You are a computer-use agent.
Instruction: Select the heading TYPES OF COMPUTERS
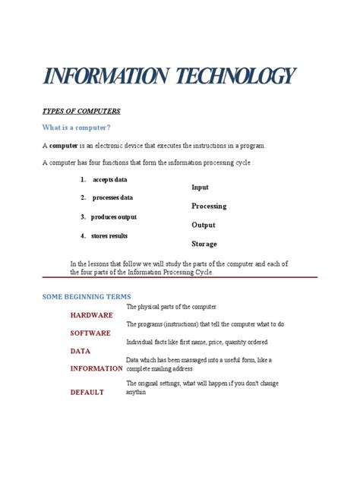(81, 112)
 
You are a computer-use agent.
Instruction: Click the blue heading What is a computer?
(76, 128)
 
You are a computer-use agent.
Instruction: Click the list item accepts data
(110, 180)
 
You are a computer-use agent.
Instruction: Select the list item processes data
(112, 198)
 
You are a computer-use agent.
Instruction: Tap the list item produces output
(114, 217)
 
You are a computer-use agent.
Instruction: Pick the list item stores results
(111, 236)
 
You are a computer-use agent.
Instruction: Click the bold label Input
(200, 188)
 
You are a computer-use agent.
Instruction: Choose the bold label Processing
(209, 207)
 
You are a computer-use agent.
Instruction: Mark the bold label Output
(204, 226)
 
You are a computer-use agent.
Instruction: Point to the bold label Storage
(204, 245)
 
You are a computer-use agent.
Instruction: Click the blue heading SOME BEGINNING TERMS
(87, 296)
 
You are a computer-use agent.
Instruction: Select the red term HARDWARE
(92, 315)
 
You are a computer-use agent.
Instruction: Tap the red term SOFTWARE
(90, 333)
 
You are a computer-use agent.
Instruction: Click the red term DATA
(81, 352)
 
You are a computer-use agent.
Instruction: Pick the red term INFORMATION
(96, 369)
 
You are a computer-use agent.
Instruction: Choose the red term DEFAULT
(87, 393)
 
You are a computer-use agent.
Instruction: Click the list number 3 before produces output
(83, 217)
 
